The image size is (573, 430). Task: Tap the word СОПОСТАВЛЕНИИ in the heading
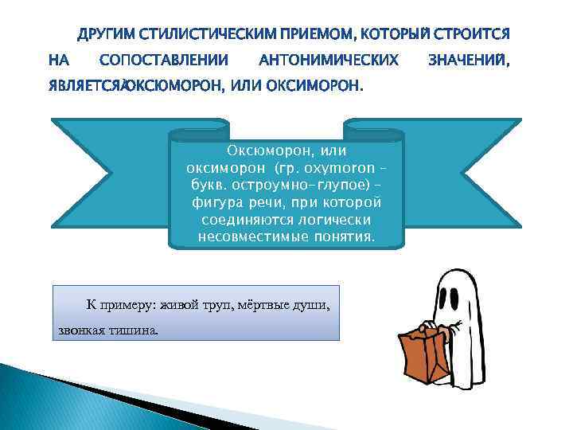pyautogui.click(x=164, y=60)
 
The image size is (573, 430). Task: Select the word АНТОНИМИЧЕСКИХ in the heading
pyautogui.click(x=329, y=60)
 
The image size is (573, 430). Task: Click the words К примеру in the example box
pyautogui.click(x=121, y=304)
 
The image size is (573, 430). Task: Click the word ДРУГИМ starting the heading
pyautogui.click(x=103, y=34)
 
